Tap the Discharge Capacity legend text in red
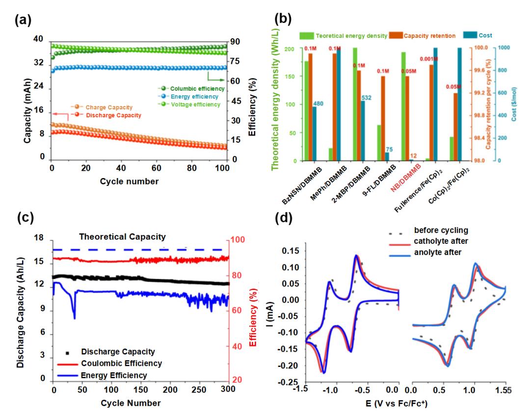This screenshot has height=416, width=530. point(113,115)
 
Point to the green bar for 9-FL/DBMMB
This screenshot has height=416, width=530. point(379,142)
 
